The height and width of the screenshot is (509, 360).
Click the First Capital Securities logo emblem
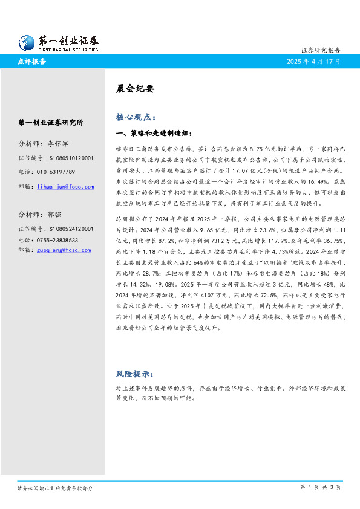[26, 43]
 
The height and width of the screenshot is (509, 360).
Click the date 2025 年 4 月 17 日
[313, 62]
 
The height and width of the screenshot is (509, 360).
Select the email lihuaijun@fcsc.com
[65, 187]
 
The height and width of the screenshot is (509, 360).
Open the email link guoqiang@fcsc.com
[64, 250]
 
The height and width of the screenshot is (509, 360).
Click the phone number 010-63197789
[60, 172]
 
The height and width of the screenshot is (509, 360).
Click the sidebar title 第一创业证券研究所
[51, 122]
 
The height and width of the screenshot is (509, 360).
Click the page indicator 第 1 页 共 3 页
[321, 487]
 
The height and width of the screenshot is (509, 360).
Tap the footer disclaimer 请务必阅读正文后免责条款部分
[55, 487]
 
